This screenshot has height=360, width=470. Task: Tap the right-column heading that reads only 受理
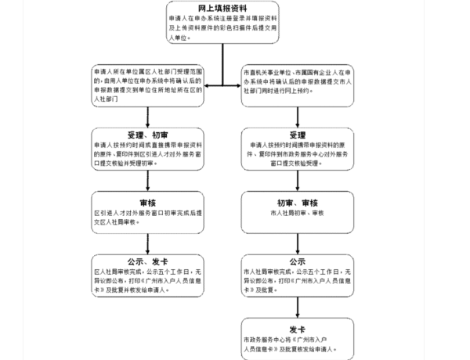pyautogui.click(x=297, y=134)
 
